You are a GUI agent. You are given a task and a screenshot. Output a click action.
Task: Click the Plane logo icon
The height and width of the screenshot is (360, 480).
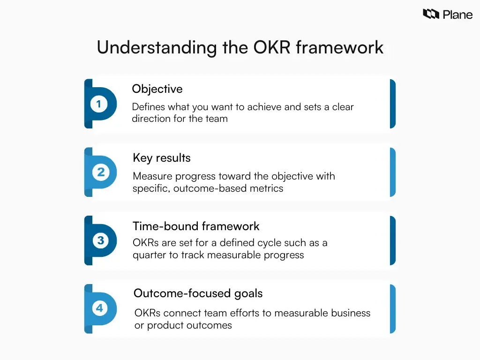click(x=431, y=14)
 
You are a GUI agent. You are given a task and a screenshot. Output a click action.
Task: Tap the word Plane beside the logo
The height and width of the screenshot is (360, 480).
click(x=457, y=15)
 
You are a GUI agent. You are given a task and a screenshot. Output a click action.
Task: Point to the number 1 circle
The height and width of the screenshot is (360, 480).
click(x=98, y=104)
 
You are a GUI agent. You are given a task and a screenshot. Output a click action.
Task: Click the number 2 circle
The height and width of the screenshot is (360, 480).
click(x=101, y=172)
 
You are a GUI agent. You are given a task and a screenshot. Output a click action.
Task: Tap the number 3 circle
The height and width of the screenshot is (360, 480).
click(x=100, y=240)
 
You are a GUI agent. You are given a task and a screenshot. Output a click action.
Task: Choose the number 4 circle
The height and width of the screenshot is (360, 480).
click(x=99, y=308)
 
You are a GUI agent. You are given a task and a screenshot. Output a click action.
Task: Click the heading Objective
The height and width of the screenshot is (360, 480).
click(x=157, y=89)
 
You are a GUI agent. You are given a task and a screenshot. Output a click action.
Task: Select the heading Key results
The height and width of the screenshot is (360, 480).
click(x=162, y=158)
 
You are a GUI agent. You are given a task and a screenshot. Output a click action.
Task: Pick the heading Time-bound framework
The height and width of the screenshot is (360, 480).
click(x=196, y=226)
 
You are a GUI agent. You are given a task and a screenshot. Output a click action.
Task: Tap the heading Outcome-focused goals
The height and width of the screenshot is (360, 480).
click(x=198, y=294)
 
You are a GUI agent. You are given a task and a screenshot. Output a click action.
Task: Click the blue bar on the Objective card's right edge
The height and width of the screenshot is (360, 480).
click(x=392, y=104)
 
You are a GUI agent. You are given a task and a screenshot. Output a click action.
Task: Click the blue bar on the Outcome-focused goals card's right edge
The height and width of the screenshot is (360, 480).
click(x=392, y=309)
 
